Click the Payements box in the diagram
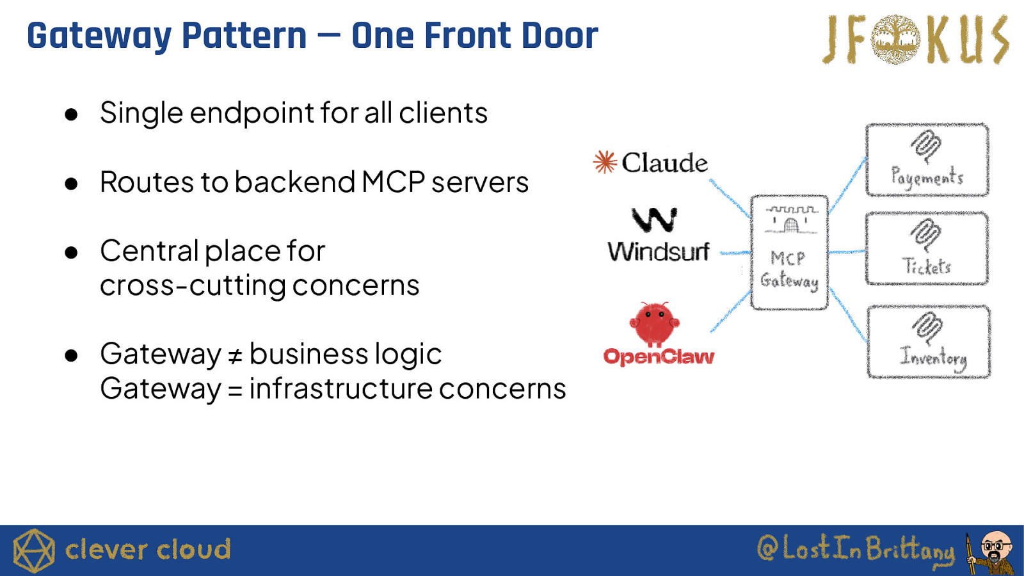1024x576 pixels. (x=927, y=160)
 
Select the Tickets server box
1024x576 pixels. (x=927, y=249)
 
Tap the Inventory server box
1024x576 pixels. (x=929, y=342)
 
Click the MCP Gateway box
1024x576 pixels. (x=789, y=253)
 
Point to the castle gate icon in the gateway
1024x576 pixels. (x=792, y=220)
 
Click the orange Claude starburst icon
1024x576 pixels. (x=605, y=163)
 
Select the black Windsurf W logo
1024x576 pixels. (x=654, y=220)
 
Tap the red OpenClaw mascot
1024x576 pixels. (x=654, y=323)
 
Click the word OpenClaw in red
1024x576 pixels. (x=659, y=356)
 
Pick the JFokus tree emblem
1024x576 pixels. (x=896, y=40)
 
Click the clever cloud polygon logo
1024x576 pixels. (x=34, y=550)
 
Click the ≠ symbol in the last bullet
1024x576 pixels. (x=235, y=355)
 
